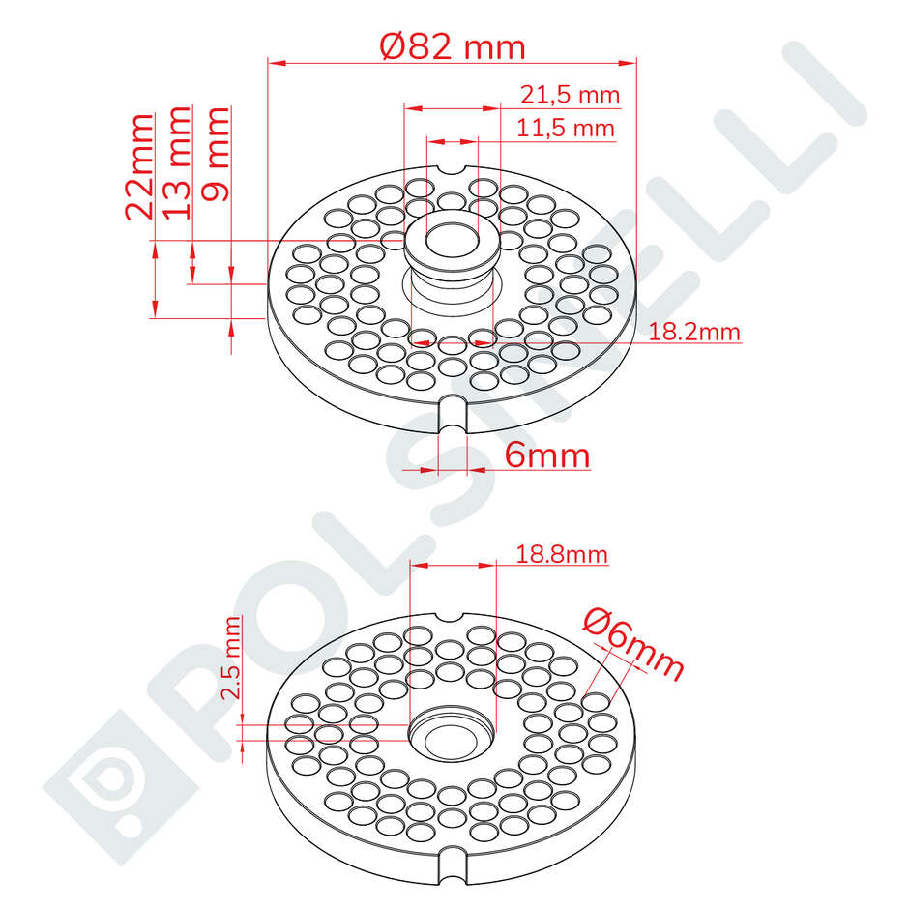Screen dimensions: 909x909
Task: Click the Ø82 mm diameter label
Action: pos(453,46)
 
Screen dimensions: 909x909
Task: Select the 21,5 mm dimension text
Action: pos(570,95)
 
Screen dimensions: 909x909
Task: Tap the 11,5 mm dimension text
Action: pos(566,128)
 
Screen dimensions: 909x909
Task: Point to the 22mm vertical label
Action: pos(139,167)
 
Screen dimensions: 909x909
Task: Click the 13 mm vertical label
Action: pos(176,162)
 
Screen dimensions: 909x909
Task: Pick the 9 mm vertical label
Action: pos(215,154)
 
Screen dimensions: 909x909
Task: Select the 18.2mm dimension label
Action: pos(694,332)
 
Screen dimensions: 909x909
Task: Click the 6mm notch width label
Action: pos(546,455)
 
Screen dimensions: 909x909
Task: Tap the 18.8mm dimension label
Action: pos(561,554)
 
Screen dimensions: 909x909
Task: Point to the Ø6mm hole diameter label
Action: pos(633,643)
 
